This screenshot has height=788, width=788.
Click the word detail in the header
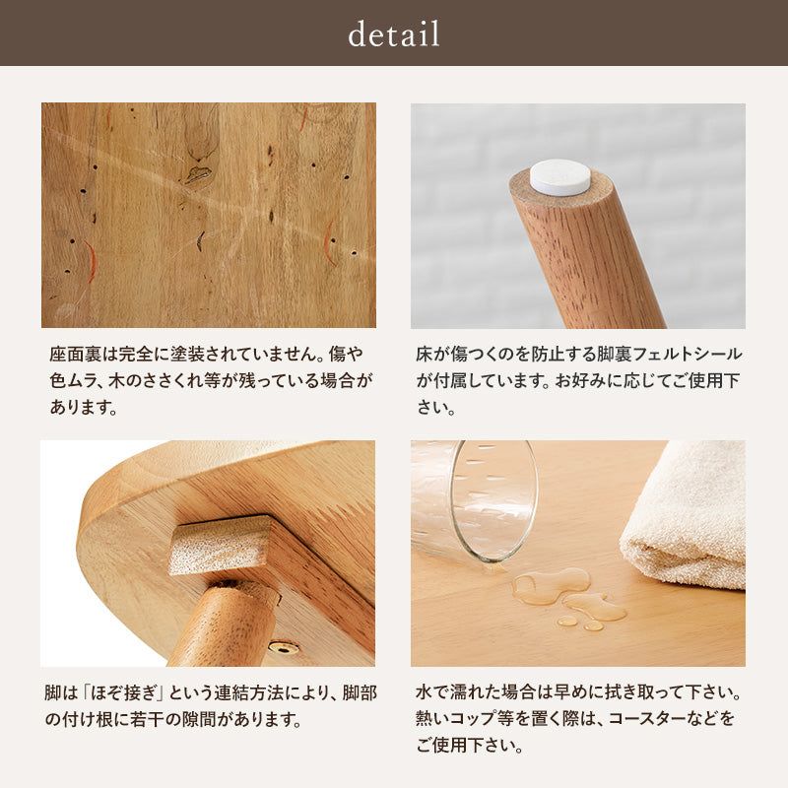(394, 34)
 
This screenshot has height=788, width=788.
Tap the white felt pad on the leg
(559, 177)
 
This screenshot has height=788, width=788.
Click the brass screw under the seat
(285, 648)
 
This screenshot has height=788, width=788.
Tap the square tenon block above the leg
(219, 545)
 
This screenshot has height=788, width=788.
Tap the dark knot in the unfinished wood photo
(198, 174)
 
